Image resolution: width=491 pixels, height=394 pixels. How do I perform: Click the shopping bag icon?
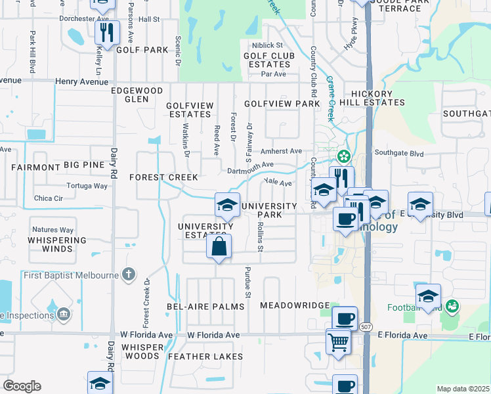tap(219, 248)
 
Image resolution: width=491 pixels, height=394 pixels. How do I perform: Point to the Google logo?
tap(22, 386)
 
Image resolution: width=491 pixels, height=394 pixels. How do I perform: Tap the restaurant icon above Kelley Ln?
tap(106, 32)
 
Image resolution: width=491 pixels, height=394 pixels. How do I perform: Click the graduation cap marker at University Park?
tap(227, 206)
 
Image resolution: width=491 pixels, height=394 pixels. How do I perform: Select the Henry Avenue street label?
tap(81, 82)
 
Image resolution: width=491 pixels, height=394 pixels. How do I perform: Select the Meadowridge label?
tap(294, 306)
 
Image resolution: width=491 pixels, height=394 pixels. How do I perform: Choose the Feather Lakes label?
tap(205, 357)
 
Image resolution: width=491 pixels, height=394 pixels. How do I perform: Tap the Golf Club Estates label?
tap(267, 60)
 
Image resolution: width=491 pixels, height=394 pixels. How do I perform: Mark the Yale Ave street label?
tap(277, 182)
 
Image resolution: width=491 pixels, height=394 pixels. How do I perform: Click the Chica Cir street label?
tap(48, 198)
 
